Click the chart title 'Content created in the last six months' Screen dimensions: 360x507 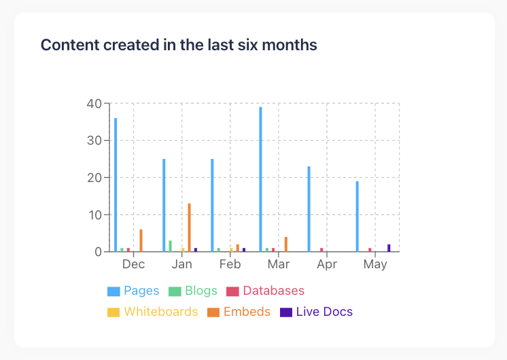pos(179,45)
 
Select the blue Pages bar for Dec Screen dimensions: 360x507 pos(116,185)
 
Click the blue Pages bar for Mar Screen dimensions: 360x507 pos(260,179)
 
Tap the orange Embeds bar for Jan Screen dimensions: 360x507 pos(190,228)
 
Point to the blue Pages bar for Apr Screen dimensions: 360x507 pos(309,209)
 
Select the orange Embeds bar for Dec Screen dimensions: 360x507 pos(141,240)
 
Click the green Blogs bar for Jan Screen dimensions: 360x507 pos(171,246)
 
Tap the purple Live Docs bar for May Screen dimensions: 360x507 pos(389,248)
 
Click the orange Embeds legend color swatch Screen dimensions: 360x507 pos(213,312)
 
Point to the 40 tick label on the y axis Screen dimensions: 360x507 pos(94,104)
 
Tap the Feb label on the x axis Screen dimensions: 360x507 pos(230,264)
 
